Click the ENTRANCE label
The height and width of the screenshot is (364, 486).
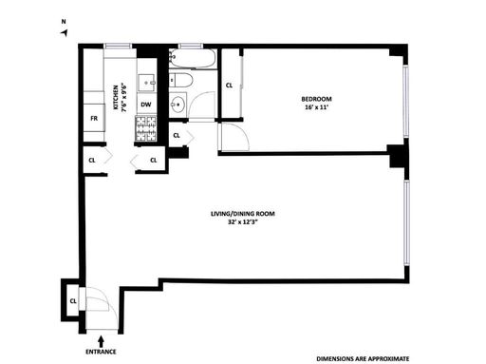tap(101, 352)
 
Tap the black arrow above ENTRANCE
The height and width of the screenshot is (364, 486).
tap(101, 341)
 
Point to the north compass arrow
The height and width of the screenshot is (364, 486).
tap(65, 32)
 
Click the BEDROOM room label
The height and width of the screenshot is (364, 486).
tap(316, 99)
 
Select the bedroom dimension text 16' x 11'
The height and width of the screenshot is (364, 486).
tap(316, 107)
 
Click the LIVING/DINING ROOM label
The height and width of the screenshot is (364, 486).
tap(243, 214)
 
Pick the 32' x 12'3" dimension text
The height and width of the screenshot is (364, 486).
tap(243, 222)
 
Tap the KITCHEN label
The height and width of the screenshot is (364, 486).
tap(116, 97)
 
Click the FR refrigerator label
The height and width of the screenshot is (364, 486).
tap(94, 118)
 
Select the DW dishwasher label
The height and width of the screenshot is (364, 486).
tap(146, 105)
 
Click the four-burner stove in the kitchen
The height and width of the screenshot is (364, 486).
tap(146, 128)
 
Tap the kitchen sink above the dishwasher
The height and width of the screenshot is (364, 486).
tap(147, 83)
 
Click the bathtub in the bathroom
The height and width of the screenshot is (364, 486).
tap(192, 58)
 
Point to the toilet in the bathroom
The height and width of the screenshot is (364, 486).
tap(180, 81)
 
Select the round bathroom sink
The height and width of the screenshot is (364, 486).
tap(178, 105)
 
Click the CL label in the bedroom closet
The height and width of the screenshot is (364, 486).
tap(229, 86)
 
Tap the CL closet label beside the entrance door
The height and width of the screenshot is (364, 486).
tap(73, 301)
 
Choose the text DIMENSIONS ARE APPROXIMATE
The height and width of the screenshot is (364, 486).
tap(363, 359)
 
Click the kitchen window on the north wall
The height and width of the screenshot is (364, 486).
tap(118, 47)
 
